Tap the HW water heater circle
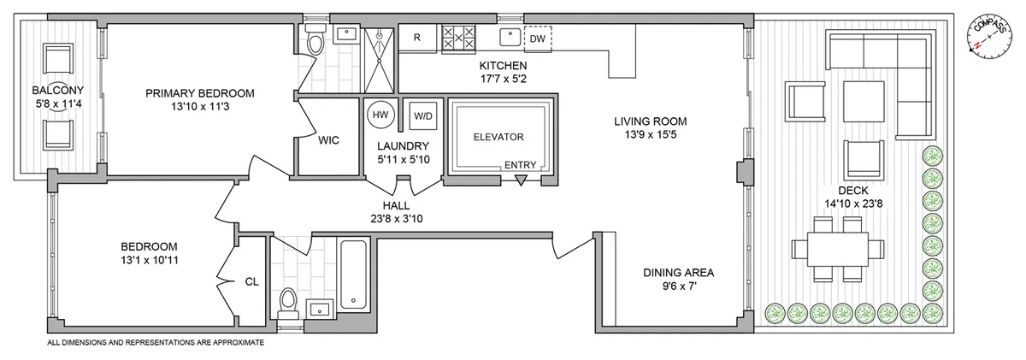(x=379, y=115)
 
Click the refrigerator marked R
(x=416, y=38)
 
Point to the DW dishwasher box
(x=537, y=38)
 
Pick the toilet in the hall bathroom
(x=287, y=303)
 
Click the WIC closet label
(x=329, y=141)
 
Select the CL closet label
(x=251, y=280)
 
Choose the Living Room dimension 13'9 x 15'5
(x=651, y=134)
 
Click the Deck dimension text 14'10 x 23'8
(x=852, y=204)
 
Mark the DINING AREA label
(x=678, y=273)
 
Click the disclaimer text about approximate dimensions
(x=155, y=342)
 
